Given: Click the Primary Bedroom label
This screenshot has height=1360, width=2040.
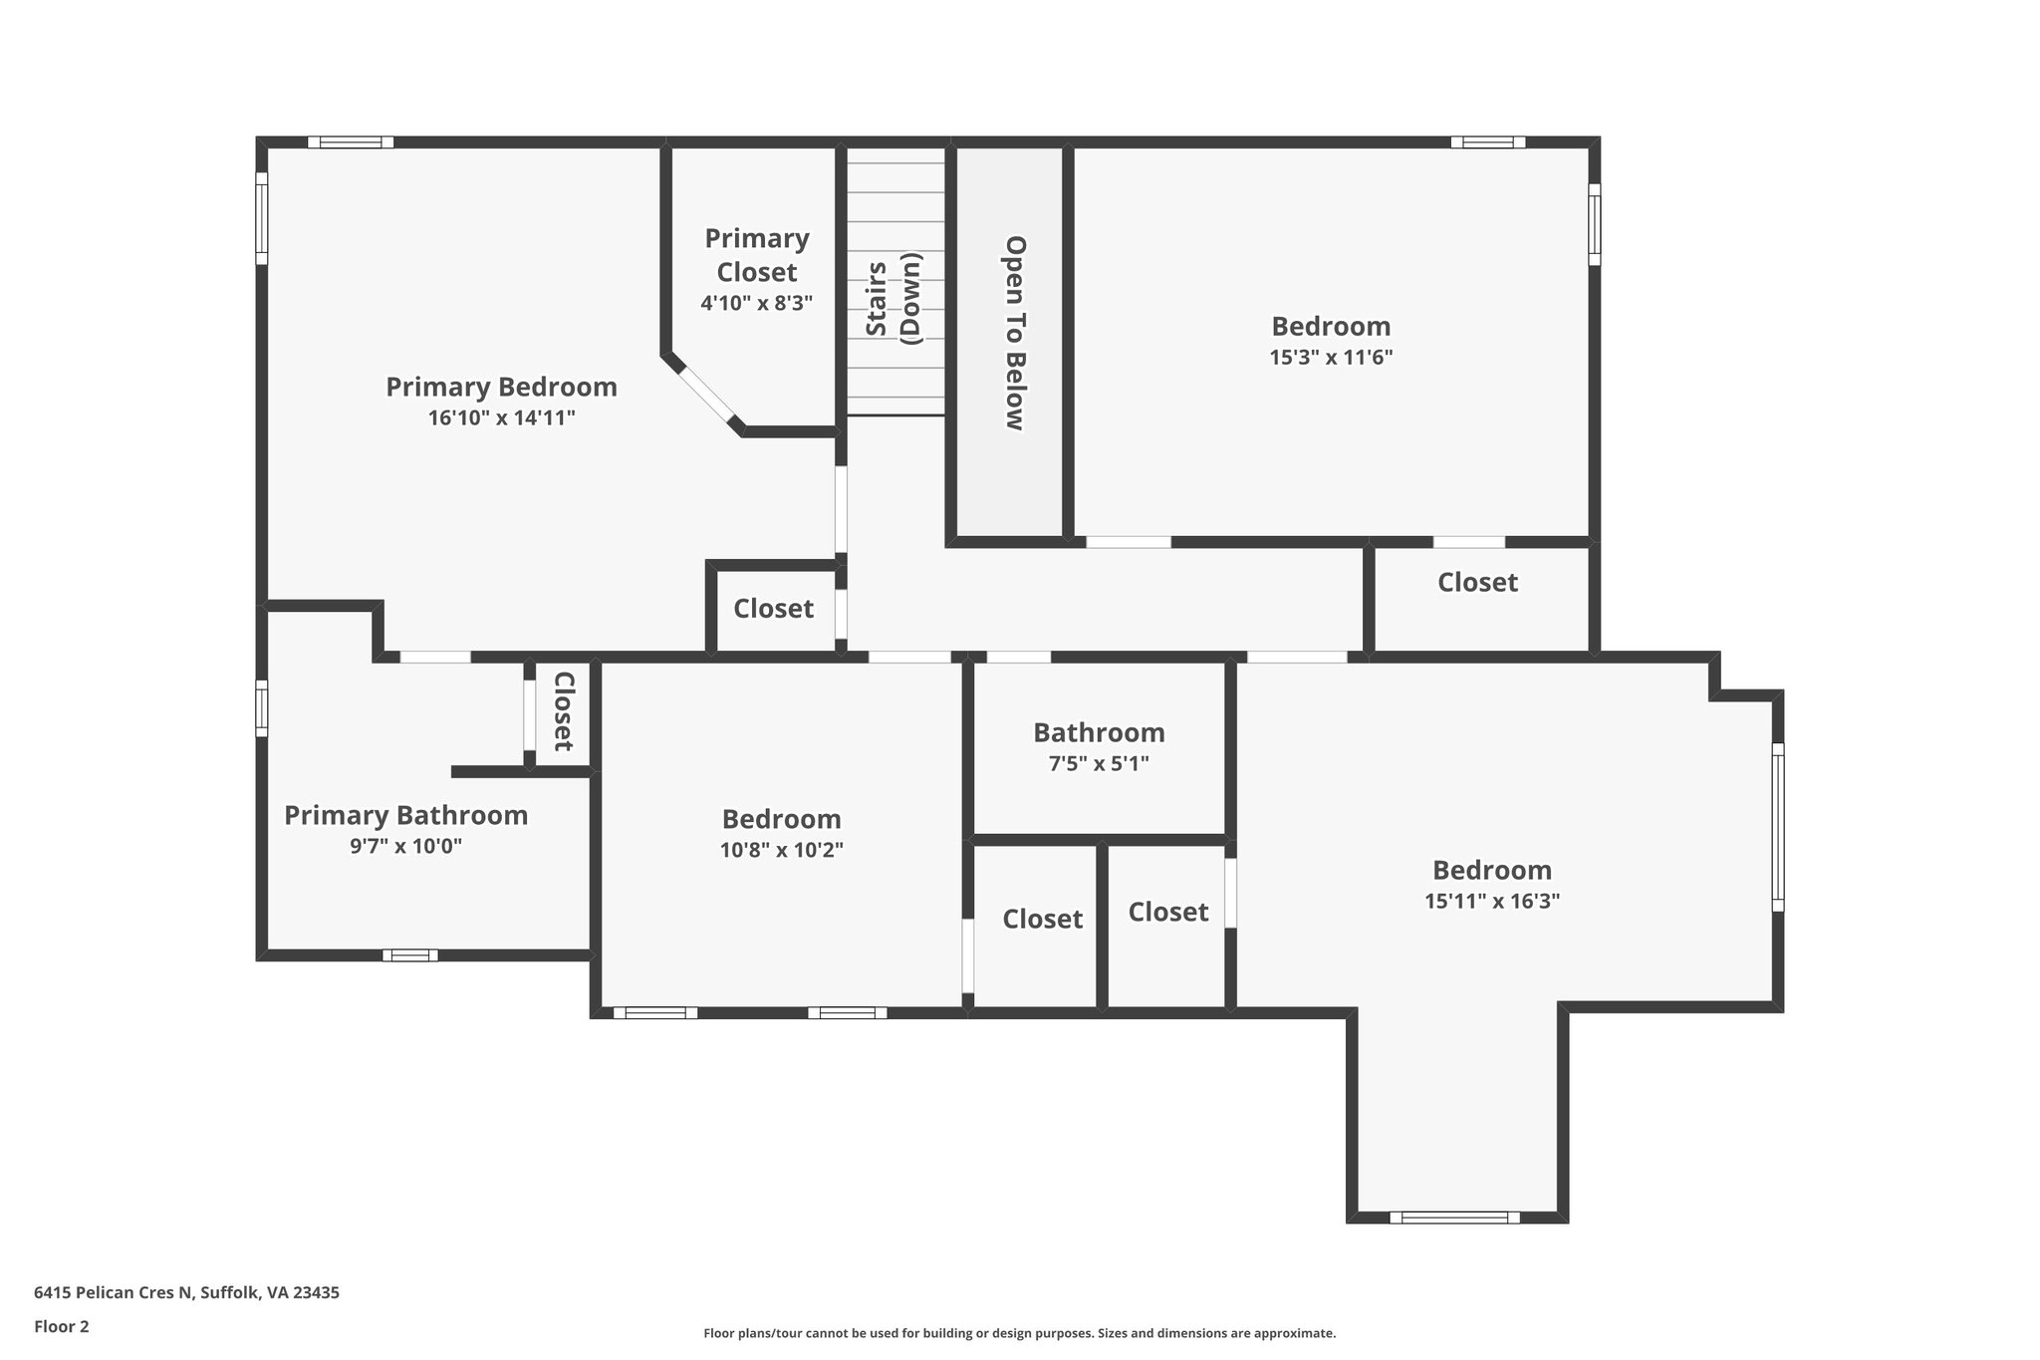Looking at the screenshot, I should tap(501, 387).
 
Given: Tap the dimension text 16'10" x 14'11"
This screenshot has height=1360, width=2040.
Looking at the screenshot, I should tap(501, 417).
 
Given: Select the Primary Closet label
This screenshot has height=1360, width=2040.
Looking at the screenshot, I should tap(757, 255).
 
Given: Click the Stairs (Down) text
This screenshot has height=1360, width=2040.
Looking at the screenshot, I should tap(893, 299).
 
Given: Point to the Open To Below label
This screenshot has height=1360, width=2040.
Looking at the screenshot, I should tap(1014, 333).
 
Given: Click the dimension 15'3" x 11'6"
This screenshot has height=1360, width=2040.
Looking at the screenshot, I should tap(1331, 357).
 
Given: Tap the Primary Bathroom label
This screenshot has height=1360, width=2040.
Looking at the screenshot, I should tap(405, 815).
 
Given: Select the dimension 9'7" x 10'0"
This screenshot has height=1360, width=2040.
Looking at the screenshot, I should tap(405, 846).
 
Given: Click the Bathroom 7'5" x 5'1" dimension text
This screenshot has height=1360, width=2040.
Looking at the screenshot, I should tap(1099, 763).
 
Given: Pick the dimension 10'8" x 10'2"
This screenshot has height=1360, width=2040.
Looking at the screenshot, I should tap(781, 850).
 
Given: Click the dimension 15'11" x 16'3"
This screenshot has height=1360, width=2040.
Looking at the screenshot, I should tap(1491, 901).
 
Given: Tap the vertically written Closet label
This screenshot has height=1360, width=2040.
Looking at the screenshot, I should tap(564, 711).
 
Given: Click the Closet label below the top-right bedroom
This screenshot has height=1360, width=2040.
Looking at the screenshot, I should tap(1477, 582).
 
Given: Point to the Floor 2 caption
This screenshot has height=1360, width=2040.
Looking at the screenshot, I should tap(61, 1326).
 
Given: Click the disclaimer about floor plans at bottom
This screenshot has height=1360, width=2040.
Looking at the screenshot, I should tap(1019, 1333).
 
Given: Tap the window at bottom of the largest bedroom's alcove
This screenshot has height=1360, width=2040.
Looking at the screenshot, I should tap(1454, 1217).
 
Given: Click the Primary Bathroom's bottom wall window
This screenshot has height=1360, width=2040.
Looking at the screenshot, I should tap(410, 954).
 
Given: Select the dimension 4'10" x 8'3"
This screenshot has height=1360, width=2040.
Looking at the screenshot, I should tap(757, 303).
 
